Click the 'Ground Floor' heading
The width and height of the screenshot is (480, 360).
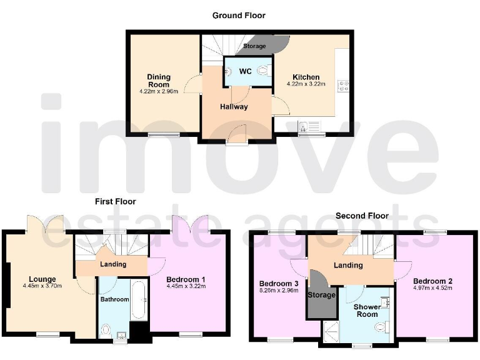239,15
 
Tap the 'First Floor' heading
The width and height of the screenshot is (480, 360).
115,201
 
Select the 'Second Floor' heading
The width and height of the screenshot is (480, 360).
362,216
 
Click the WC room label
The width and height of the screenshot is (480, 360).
246,71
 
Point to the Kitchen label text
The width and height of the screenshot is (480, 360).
303,77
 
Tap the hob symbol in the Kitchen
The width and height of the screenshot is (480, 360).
343,86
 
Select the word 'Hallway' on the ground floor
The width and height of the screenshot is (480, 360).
234,106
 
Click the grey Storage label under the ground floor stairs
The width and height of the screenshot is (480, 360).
254,46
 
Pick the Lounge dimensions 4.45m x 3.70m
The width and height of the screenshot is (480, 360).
42,287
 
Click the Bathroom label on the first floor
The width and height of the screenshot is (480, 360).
115,299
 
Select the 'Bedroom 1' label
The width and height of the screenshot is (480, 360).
186,279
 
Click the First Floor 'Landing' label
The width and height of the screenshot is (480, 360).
113,264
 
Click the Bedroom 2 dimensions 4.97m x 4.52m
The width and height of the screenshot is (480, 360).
432,288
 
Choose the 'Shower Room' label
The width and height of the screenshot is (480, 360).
366,310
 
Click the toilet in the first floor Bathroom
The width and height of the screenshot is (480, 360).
106,329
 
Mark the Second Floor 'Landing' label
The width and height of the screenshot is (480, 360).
348,265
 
